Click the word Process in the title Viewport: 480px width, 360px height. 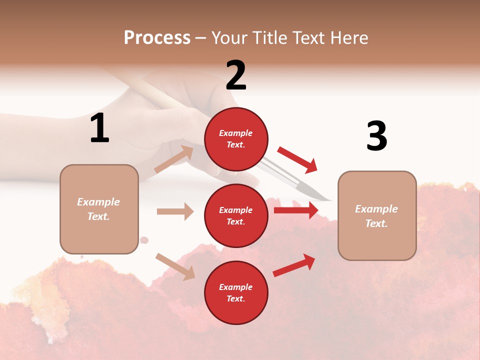[x=157, y=37]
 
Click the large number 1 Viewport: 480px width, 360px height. [x=99, y=128]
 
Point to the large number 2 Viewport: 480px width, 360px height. [x=236, y=75]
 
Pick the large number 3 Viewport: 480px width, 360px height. [x=376, y=136]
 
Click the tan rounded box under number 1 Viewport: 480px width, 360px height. [x=99, y=209]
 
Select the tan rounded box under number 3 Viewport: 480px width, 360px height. [x=377, y=215]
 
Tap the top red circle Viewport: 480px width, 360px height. [x=236, y=138]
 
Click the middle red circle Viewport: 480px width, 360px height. [x=236, y=215]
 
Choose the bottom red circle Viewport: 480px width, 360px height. [x=236, y=292]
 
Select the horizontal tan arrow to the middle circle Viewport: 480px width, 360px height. [x=175, y=211]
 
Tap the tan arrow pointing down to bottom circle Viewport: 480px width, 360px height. [x=175, y=266]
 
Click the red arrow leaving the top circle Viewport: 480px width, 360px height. [x=297, y=159]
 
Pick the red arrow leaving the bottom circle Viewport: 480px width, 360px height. [x=294, y=265]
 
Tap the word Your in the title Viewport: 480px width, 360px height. [x=230, y=37]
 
